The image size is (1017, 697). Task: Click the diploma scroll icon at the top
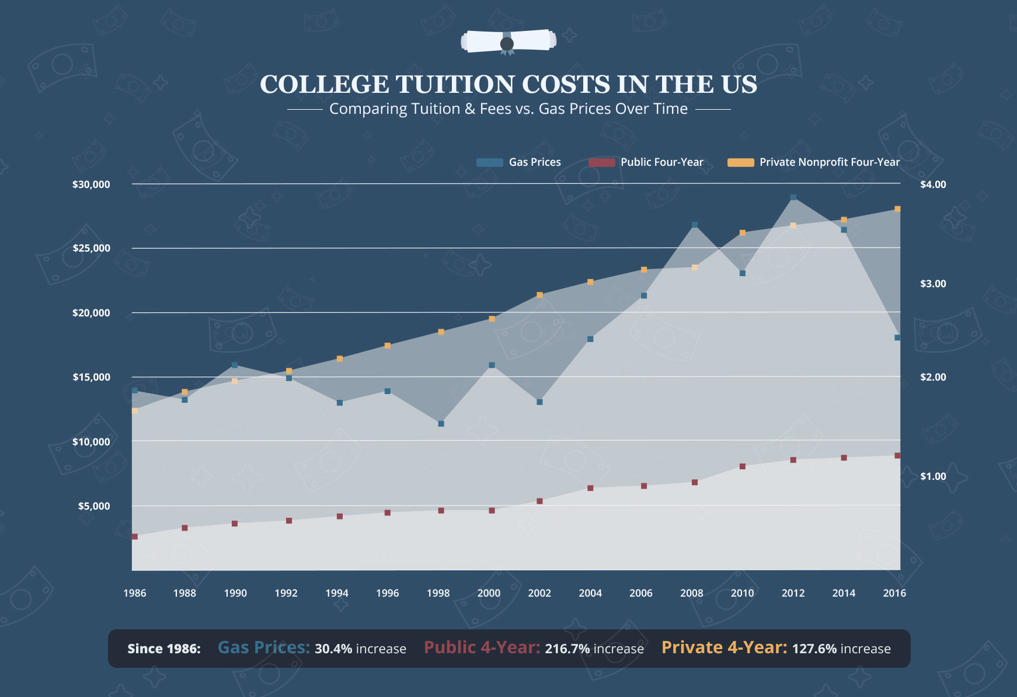(508, 42)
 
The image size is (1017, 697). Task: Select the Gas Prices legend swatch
(489, 162)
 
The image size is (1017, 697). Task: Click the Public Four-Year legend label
(661, 162)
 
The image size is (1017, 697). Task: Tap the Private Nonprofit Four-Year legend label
(829, 162)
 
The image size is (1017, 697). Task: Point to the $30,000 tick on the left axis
(91, 184)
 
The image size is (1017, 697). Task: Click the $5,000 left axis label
(94, 506)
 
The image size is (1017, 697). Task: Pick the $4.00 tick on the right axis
(933, 184)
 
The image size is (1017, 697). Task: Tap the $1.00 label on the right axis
(933, 476)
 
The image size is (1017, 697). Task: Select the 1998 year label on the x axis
(438, 593)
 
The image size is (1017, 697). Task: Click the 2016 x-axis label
(894, 593)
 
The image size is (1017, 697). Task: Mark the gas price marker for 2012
(793, 198)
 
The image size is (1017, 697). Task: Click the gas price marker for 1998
(441, 424)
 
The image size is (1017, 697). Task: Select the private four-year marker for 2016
(897, 209)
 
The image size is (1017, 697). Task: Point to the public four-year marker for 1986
(135, 536)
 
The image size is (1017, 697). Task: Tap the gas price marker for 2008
(695, 225)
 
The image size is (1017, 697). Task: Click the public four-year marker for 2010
(743, 466)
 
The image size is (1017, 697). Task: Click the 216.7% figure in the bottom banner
(567, 649)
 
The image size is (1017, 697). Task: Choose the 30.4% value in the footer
(333, 649)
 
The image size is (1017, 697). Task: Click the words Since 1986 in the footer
(164, 649)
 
